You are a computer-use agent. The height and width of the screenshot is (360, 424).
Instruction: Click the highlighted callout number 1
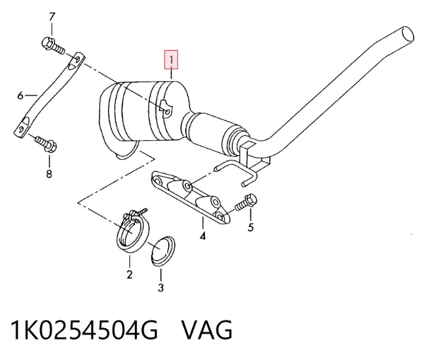tap(171, 60)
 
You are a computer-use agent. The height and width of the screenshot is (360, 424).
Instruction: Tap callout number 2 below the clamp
tap(129, 274)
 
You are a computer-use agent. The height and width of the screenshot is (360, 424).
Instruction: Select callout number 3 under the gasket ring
tap(161, 287)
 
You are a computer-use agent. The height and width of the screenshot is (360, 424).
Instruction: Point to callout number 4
tap(203, 236)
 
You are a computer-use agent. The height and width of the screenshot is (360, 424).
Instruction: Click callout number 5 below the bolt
tap(251, 228)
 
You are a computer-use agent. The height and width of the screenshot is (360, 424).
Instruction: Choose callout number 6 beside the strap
tap(20, 95)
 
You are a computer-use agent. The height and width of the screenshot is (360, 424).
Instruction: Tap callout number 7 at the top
tap(52, 17)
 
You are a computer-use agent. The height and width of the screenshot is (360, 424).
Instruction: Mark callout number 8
tap(49, 173)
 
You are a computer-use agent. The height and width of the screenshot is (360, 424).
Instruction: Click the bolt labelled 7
tap(53, 46)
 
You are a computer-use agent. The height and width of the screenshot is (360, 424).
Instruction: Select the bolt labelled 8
tap(46, 144)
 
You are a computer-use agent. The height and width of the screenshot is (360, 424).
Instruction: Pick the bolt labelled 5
tap(246, 202)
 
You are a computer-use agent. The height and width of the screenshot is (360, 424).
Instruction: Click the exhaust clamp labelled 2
tap(133, 231)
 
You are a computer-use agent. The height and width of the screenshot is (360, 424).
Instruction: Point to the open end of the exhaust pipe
tap(408, 35)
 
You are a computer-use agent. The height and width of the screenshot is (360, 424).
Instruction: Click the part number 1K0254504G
tap(84, 330)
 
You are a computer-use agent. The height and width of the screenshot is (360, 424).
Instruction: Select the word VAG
tap(206, 330)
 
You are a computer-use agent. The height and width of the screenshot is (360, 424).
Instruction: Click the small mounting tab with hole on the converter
tap(167, 108)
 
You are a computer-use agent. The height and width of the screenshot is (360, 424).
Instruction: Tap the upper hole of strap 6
tap(77, 59)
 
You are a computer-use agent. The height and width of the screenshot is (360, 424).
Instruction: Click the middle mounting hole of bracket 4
tap(188, 186)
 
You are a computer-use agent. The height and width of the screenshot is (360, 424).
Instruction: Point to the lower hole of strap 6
tap(21, 129)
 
